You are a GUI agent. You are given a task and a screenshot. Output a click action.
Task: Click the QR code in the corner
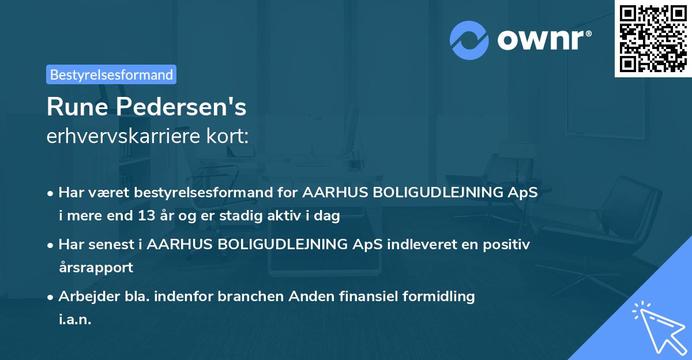[x=653, y=39]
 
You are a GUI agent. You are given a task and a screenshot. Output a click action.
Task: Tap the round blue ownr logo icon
[x=469, y=40]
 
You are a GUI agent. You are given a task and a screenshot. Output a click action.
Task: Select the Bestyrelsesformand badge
[x=111, y=74]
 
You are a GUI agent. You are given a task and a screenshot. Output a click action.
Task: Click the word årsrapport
[x=96, y=268]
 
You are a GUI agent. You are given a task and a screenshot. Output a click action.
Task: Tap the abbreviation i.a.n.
[x=75, y=320]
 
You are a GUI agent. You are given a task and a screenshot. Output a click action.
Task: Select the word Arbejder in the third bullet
[x=85, y=297]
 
